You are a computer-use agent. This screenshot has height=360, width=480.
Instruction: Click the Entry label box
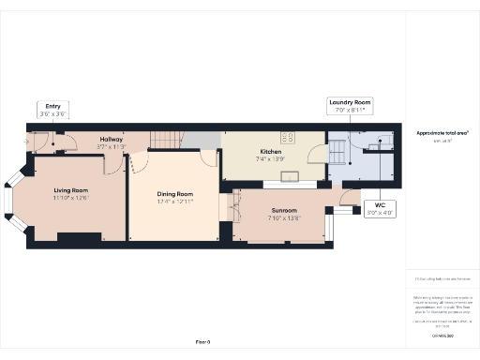tap(52, 110)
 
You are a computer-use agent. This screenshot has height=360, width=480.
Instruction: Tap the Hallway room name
tap(112, 139)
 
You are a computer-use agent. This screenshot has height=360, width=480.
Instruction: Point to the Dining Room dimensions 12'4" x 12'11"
tap(174, 202)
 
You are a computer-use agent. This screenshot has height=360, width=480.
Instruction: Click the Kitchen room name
tap(271, 151)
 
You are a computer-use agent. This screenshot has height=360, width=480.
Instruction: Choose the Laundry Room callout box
tap(350, 105)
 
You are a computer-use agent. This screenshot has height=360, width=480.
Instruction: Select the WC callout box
tap(380, 208)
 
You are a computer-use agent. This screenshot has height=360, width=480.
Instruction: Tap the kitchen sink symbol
tap(287, 175)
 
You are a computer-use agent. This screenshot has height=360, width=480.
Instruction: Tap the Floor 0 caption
tap(202, 342)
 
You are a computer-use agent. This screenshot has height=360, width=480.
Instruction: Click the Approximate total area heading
tap(442, 133)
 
